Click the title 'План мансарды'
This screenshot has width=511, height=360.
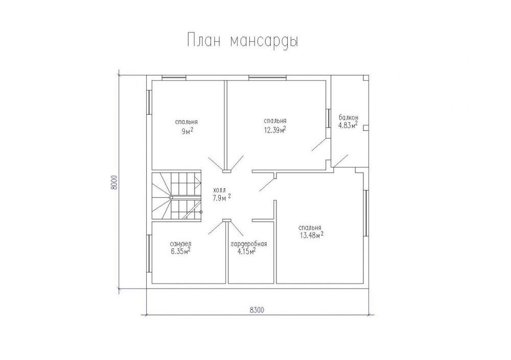tap(243, 41)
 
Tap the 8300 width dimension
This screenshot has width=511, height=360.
tap(257, 310)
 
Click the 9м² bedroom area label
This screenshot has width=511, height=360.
tap(187, 131)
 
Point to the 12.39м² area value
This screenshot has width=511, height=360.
tap(275, 130)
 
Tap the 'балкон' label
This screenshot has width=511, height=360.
tap(349, 117)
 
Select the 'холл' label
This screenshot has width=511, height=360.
tap(219, 190)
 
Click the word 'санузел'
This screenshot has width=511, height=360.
tap(180, 244)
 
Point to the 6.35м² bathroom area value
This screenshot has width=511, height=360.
tap(180, 251)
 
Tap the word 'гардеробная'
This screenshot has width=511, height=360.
tap(249, 244)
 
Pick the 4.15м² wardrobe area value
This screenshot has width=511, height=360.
tap(247, 251)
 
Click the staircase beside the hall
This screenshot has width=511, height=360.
tap(177, 197)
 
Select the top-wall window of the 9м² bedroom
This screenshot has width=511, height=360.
tap(174, 78)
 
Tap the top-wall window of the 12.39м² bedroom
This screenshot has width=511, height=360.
tap(268, 78)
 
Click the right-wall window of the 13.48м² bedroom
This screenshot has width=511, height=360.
tap(366, 213)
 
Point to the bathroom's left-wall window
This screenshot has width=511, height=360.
tap(149, 253)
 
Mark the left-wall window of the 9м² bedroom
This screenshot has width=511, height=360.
tap(149, 102)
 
